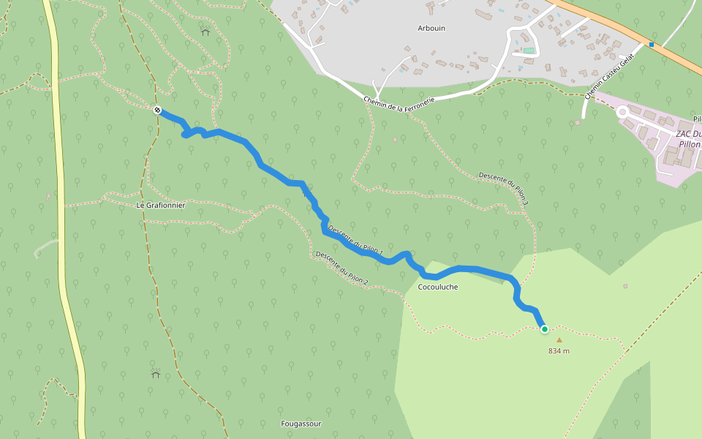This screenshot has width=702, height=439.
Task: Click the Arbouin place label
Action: coord(431,29)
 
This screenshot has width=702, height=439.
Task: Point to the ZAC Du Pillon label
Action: coord(687,139)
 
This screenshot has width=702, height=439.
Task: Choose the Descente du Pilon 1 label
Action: coord(355,240)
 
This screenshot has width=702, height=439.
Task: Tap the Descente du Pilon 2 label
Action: coord(341,268)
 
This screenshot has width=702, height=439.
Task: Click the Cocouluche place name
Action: coord(437,287)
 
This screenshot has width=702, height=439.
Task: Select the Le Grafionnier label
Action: coord(161,206)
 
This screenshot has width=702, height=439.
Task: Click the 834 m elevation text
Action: coord(559,351)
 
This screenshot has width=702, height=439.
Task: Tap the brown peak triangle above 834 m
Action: coord(559,339)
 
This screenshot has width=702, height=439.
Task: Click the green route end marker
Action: coord(545,329)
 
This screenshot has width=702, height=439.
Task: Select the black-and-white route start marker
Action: coord(157,110)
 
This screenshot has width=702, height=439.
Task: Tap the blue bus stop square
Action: coord(651,44)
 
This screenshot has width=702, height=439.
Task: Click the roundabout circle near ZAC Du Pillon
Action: coord(623,112)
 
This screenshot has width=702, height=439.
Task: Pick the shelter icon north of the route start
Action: coord(205,31)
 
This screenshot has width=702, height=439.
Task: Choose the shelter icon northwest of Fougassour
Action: coord(156,374)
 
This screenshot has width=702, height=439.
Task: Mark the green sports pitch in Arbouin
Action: coord(529,50)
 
